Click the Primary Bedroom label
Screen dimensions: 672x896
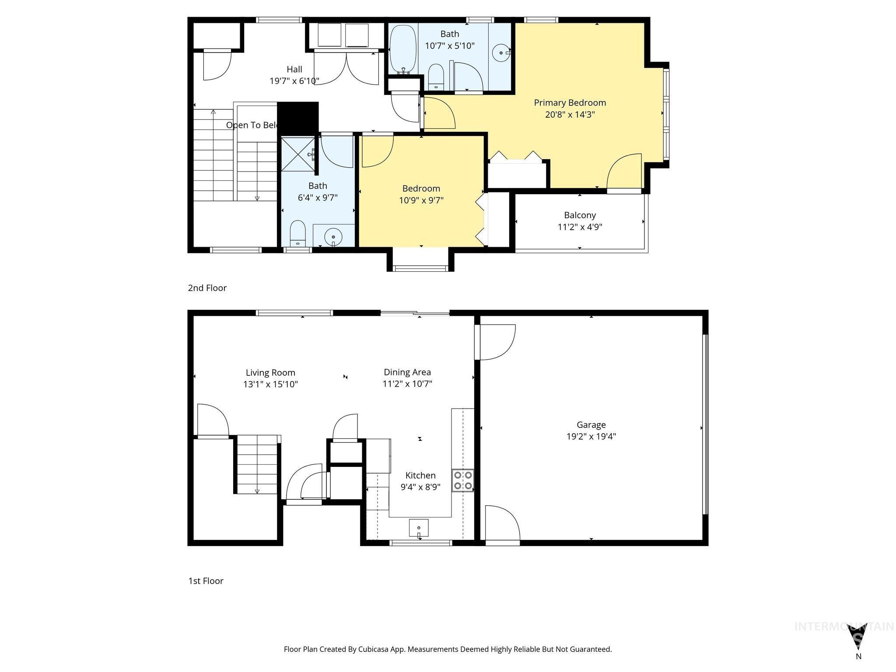(x=570, y=103)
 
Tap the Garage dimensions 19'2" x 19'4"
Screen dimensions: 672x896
(x=591, y=436)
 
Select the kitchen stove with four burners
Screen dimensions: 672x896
(x=463, y=480)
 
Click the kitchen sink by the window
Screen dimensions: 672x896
(x=419, y=528)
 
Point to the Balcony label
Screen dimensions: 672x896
(x=580, y=215)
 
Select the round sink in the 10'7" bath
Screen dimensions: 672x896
(x=500, y=53)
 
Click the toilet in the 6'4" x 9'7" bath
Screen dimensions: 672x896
(x=298, y=233)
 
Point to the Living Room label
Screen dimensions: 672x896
(x=270, y=373)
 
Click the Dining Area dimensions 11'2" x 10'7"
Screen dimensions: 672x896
(x=407, y=384)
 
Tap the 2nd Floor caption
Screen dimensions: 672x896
(x=207, y=288)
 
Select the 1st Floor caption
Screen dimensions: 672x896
(x=206, y=581)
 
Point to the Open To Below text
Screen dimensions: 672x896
(x=252, y=125)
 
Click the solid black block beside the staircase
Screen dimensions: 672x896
(x=298, y=117)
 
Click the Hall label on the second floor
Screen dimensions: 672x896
(x=294, y=69)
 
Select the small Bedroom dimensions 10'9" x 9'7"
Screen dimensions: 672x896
(x=421, y=200)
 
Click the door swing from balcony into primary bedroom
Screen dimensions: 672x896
(x=625, y=173)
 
